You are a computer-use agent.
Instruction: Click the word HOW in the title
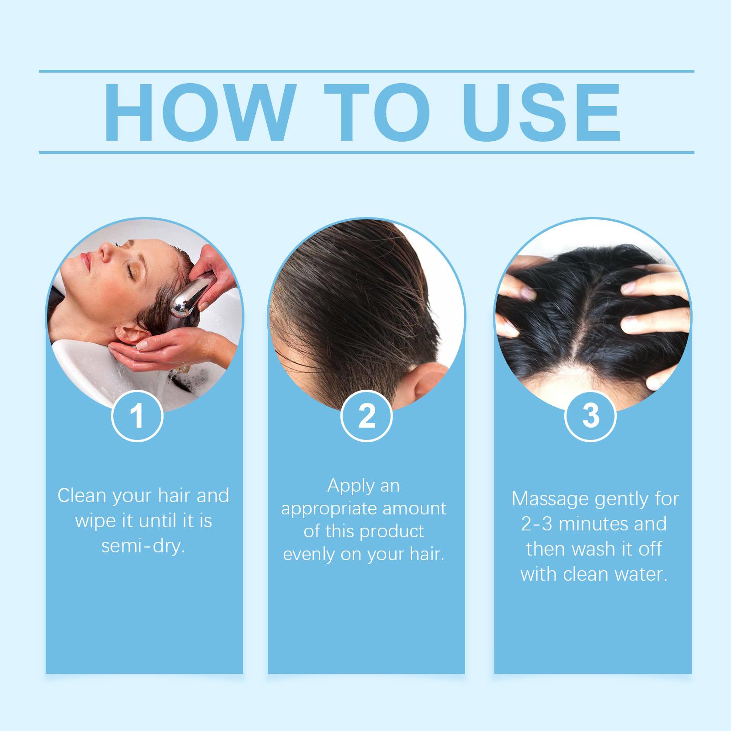click(x=198, y=112)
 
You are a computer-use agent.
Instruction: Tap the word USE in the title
click(x=537, y=112)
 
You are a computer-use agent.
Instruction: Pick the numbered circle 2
click(x=366, y=416)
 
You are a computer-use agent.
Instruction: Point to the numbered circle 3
click(x=591, y=416)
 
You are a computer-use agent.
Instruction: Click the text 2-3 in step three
click(x=537, y=524)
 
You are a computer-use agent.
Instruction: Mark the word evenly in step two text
click(x=309, y=554)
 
